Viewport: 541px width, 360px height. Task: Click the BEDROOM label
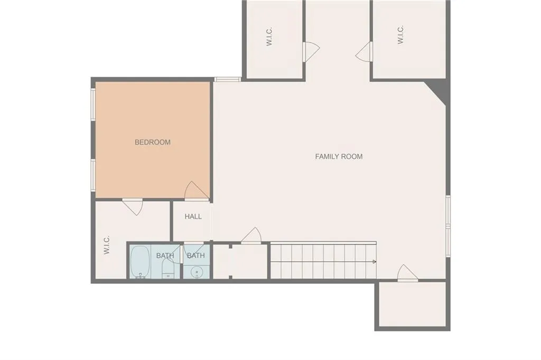coord(153,142)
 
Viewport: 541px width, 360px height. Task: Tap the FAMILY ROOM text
coord(339,156)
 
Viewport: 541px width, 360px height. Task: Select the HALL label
coord(193,216)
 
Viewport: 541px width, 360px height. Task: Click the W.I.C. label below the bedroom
coord(107,245)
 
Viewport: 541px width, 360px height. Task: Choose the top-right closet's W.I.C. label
coord(400,35)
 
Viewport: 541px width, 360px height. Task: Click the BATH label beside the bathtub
coord(165,256)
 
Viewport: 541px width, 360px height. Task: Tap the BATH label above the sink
coord(195,256)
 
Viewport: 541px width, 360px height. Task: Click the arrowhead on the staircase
coord(374,261)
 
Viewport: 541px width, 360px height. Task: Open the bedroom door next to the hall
coord(197,191)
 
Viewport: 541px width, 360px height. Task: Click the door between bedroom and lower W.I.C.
coord(133,206)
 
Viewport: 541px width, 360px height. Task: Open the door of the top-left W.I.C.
coord(311,51)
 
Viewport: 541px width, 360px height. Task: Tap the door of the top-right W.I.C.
coord(365,52)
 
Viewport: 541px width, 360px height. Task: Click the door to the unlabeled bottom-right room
coord(407,273)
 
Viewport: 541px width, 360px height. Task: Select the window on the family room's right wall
coord(447,226)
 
